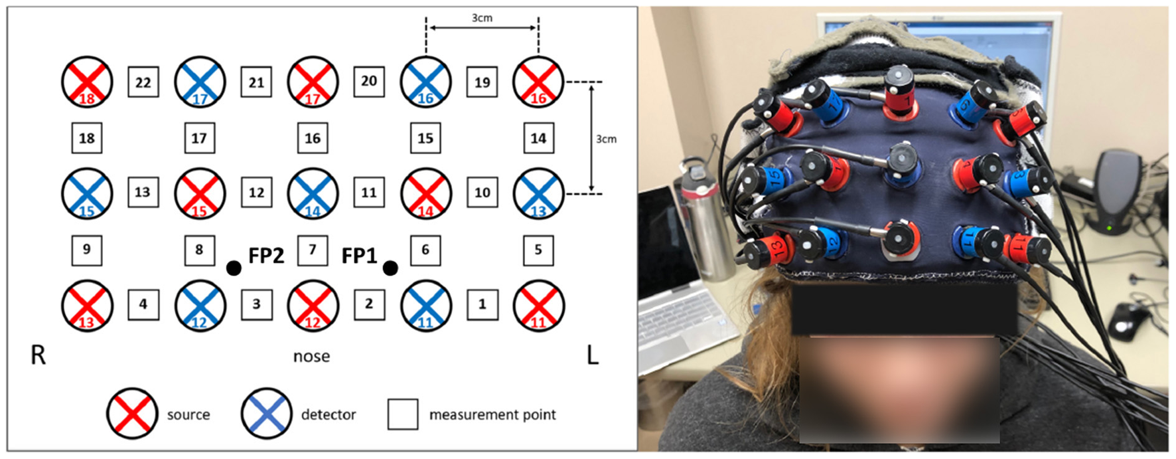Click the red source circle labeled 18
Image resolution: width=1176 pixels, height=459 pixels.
pyautogui.click(x=87, y=82)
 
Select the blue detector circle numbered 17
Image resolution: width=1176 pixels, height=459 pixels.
pyautogui.click(x=200, y=82)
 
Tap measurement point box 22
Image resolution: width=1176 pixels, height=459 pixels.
pyautogui.click(x=143, y=82)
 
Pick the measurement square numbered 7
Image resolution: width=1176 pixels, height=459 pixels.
pyautogui.click(x=312, y=250)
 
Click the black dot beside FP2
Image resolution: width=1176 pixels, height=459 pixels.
pyautogui.click(x=234, y=268)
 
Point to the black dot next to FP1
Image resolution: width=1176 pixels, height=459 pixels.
pyautogui.click(x=390, y=268)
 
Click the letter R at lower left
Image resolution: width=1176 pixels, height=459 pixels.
pyautogui.click(x=38, y=355)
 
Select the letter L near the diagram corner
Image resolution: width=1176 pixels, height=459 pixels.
pyautogui.click(x=593, y=355)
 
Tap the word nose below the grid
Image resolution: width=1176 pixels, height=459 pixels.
pyautogui.click(x=311, y=357)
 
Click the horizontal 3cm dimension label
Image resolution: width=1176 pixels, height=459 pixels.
pyautogui.click(x=482, y=18)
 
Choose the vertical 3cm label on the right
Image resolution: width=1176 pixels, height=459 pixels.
pyautogui.click(x=606, y=139)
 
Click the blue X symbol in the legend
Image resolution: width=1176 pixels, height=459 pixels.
pyautogui.click(x=266, y=414)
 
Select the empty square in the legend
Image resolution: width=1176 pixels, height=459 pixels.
pyautogui.click(x=403, y=414)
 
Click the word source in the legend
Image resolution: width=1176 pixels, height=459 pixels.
pyautogui.click(x=188, y=414)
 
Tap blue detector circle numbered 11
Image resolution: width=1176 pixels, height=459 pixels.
pyautogui.click(x=425, y=306)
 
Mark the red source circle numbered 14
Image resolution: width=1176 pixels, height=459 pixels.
pyautogui.click(x=425, y=194)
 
